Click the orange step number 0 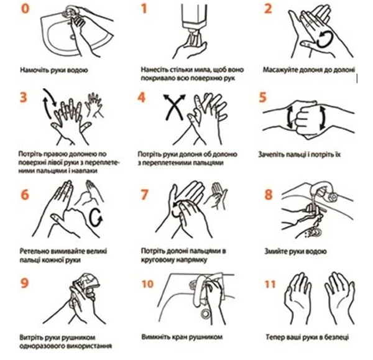click(25, 9)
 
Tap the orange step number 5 click(263, 98)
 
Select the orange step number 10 click(147, 284)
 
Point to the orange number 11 click(270, 284)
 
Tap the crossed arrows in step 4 click(174, 107)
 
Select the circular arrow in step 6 click(96, 218)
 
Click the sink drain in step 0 click(72, 37)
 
